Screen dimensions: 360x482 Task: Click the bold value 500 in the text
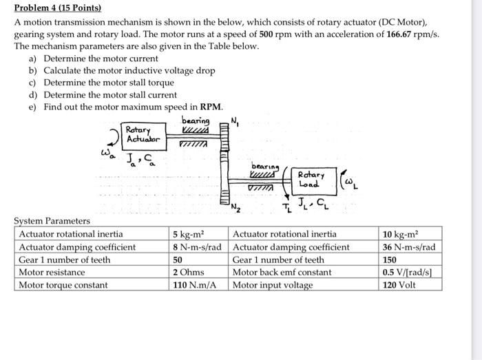[x=269, y=34]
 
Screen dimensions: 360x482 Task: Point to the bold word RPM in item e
[x=211, y=107]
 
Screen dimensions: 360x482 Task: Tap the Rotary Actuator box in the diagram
[x=143, y=134]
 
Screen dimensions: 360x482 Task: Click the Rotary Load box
[x=312, y=180]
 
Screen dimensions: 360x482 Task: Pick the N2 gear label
[x=235, y=207]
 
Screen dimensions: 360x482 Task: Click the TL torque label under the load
[x=284, y=207]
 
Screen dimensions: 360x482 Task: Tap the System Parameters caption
[x=52, y=221]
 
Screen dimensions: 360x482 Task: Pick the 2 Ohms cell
[x=188, y=273]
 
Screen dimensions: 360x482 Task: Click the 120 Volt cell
[x=399, y=285]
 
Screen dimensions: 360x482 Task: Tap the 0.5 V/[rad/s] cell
[x=409, y=273]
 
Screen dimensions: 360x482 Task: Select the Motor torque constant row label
[x=63, y=285]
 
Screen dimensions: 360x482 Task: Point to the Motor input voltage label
[x=273, y=285]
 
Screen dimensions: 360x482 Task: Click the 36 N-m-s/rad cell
[x=410, y=247]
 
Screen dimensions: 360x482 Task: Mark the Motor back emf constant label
[x=282, y=273]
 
